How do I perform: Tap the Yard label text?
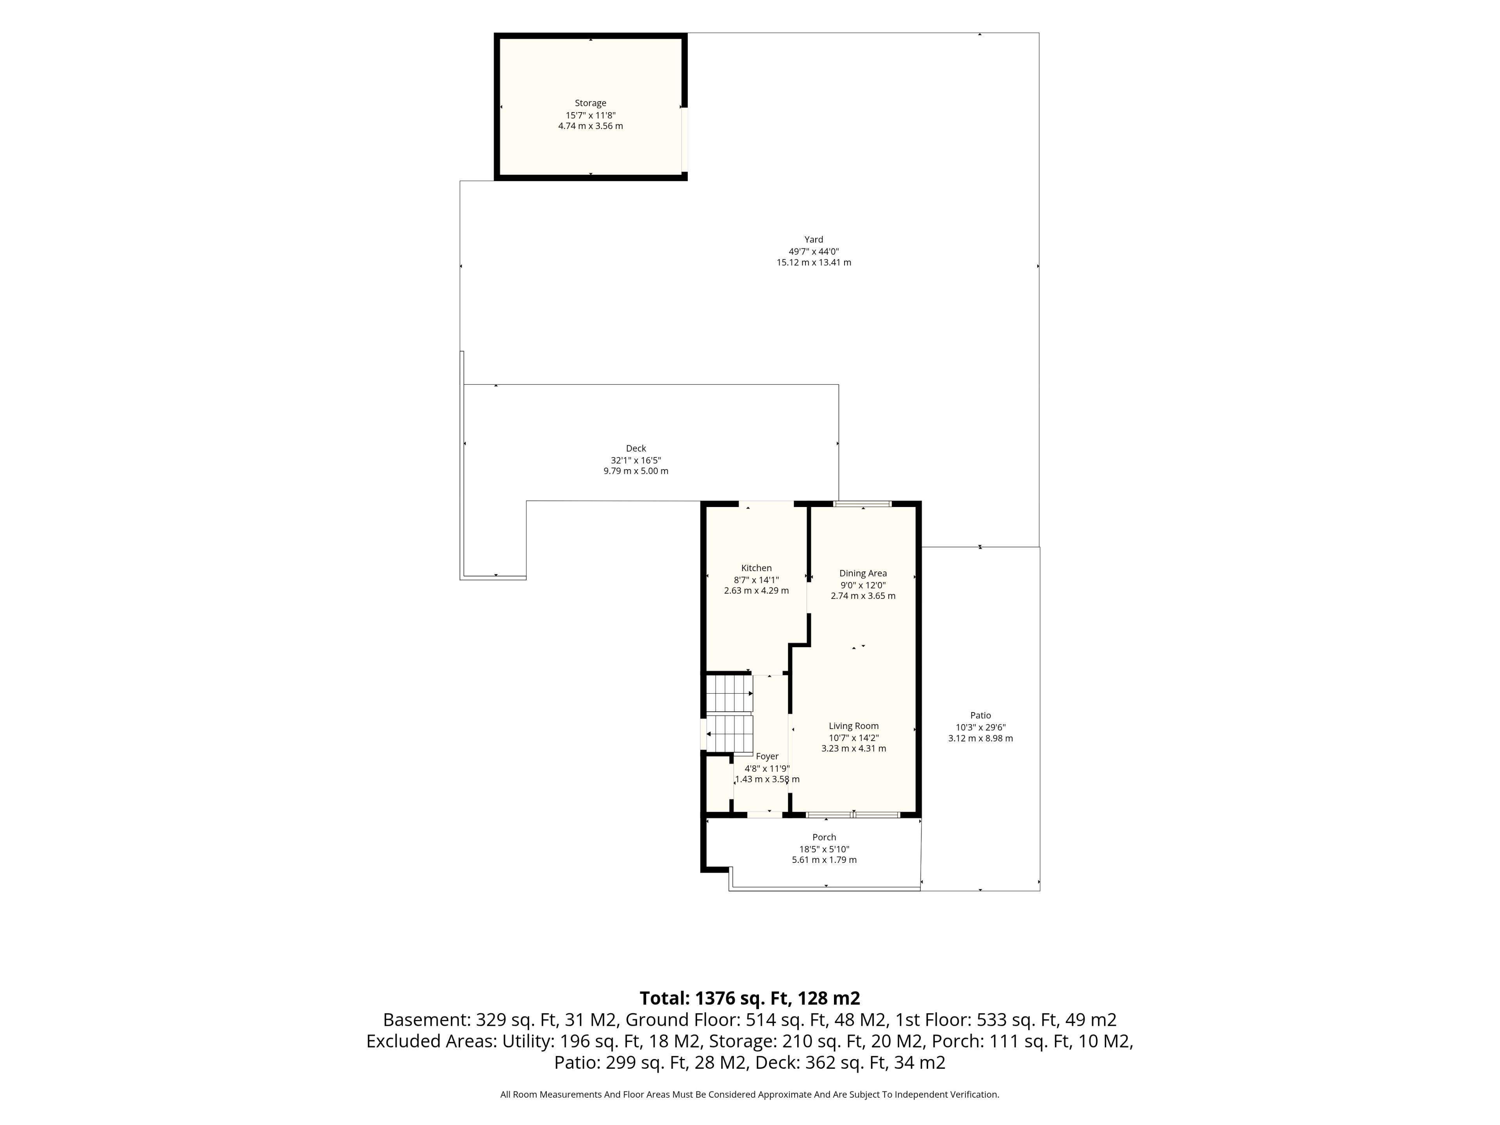(814, 239)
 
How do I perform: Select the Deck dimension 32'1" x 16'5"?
(636, 460)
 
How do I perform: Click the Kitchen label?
(756, 568)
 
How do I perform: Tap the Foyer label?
(767, 757)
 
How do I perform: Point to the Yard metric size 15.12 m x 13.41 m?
(814, 262)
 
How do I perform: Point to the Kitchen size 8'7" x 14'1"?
(756, 580)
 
